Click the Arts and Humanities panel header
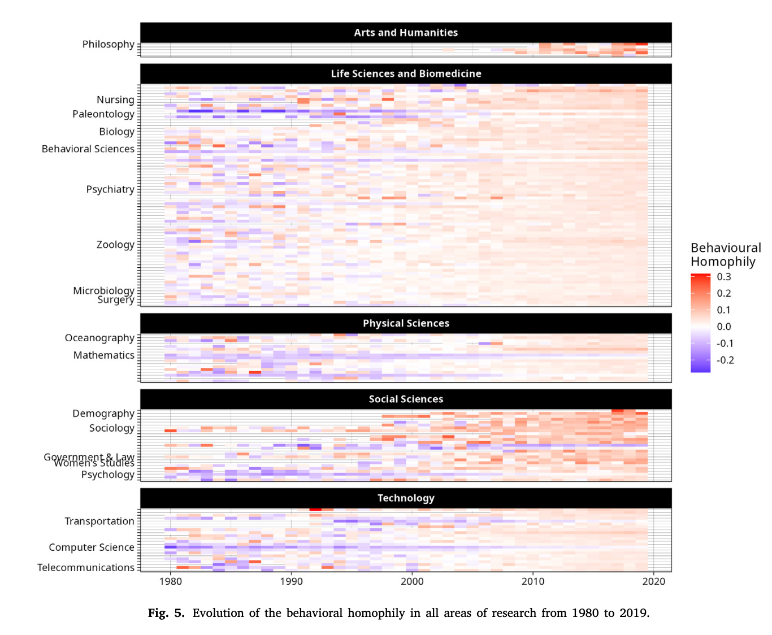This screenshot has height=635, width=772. (406, 33)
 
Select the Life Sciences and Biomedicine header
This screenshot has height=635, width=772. (406, 73)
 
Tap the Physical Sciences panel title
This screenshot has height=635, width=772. (406, 323)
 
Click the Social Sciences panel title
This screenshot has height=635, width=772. (406, 399)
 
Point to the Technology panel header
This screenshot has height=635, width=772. (406, 498)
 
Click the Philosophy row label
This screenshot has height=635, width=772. (109, 44)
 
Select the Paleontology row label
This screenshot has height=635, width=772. (103, 114)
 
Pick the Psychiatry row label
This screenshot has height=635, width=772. (110, 189)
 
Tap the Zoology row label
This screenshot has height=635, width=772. (115, 245)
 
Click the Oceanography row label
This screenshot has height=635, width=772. (99, 338)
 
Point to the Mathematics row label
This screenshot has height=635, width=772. (104, 355)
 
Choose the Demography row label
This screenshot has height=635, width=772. (103, 414)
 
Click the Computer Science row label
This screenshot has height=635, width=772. (92, 547)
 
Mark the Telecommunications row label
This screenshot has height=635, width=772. (86, 568)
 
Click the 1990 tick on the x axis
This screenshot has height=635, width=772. (292, 581)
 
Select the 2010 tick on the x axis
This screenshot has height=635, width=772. (533, 581)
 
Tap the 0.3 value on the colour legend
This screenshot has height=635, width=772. (724, 277)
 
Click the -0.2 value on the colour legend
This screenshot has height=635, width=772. (725, 360)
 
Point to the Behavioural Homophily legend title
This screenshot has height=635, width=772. (726, 255)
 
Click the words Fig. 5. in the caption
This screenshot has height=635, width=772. (166, 614)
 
